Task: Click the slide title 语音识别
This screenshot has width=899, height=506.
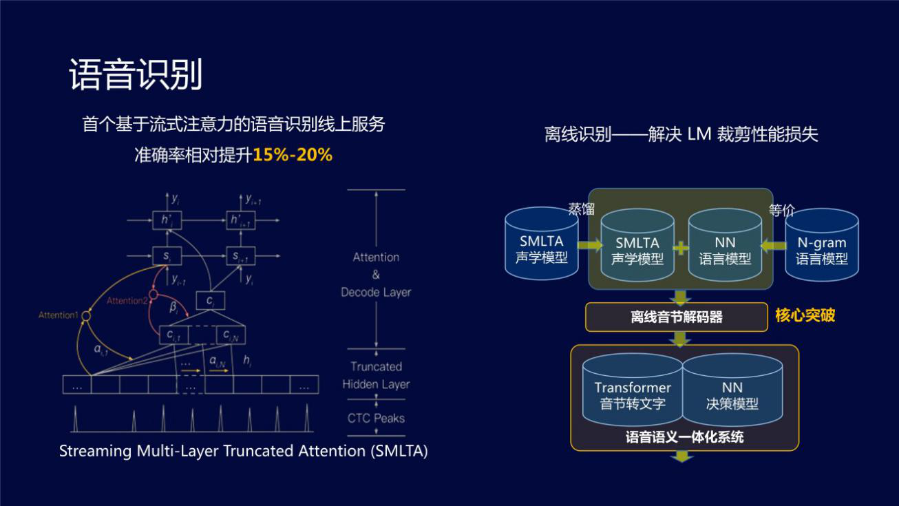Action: (x=136, y=75)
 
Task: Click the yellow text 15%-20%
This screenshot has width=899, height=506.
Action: (x=293, y=155)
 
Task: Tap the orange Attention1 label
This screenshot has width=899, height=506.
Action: (x=58, y=315)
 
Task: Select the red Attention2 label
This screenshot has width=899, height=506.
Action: (x=127, y=301)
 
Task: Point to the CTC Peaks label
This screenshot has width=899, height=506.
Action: (x=376, y=418)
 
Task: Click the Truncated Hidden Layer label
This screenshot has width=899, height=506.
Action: (x=376, y=375)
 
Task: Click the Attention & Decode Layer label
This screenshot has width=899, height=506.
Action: (x=376, y=274)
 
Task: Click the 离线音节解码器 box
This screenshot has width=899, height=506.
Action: (x=676, y=317)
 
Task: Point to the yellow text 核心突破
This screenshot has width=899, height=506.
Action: (x=805, y=315)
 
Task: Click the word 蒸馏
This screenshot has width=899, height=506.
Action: (x=581, y=209)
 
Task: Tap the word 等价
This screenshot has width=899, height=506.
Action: (x=781, y=210)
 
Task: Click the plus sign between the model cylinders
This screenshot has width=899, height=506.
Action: (x=681, y=248)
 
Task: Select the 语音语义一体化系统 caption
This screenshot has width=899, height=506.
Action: (x=684, y=437)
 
